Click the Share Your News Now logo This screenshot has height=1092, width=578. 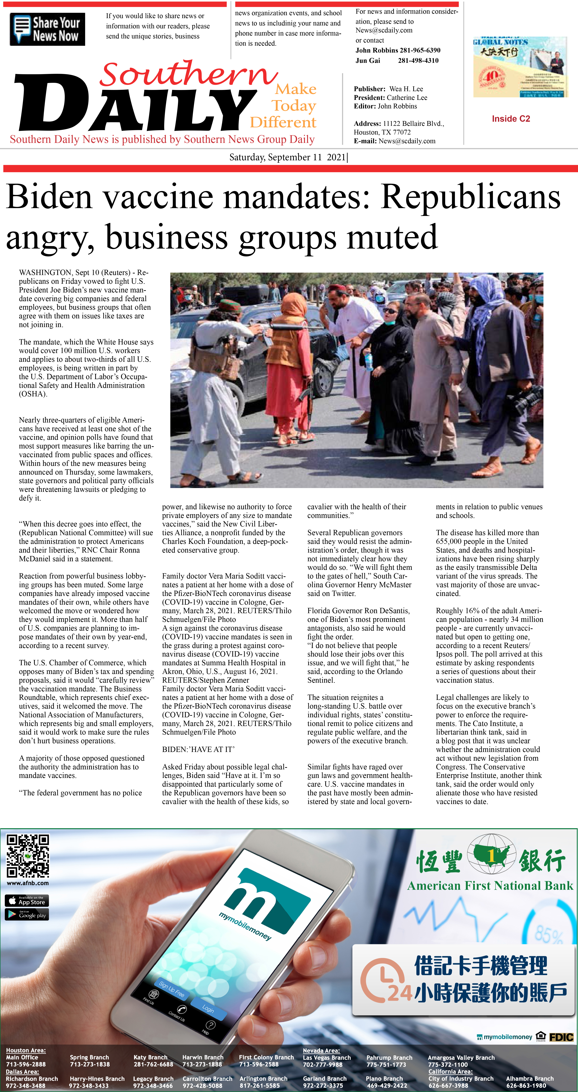click(x=47, y=29)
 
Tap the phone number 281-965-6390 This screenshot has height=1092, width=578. click(x=419, y=50)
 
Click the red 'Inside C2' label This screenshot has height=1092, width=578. click(x=511, y=119)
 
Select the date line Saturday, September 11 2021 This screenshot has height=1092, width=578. click(x=288, y=157)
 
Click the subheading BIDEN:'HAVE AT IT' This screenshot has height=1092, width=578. click(x=198, y=749)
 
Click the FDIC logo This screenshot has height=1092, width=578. click(x=561, y=1037)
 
